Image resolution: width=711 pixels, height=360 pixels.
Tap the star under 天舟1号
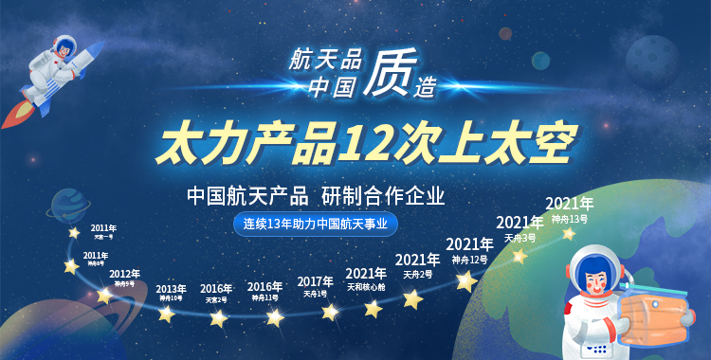pos(330,312)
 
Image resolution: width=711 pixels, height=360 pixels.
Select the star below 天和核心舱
pos(373,308)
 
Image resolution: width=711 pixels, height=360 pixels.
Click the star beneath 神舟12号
pos(465,280)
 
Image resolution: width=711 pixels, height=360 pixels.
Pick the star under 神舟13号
pos(569,233)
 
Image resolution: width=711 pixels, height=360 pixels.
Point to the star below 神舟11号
pos(275,317)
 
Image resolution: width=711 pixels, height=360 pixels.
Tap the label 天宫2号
pos(216,299)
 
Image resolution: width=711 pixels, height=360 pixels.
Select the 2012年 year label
pos(124,274)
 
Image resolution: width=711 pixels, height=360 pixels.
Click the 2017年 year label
pos(316,281)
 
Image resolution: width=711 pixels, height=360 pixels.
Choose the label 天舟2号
pos(418,274)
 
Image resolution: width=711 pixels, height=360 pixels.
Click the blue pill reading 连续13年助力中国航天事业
pos(317,225)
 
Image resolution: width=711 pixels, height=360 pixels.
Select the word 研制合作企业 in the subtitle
pos(384,196)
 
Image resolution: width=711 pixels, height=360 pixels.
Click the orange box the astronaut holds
pos(657,303)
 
